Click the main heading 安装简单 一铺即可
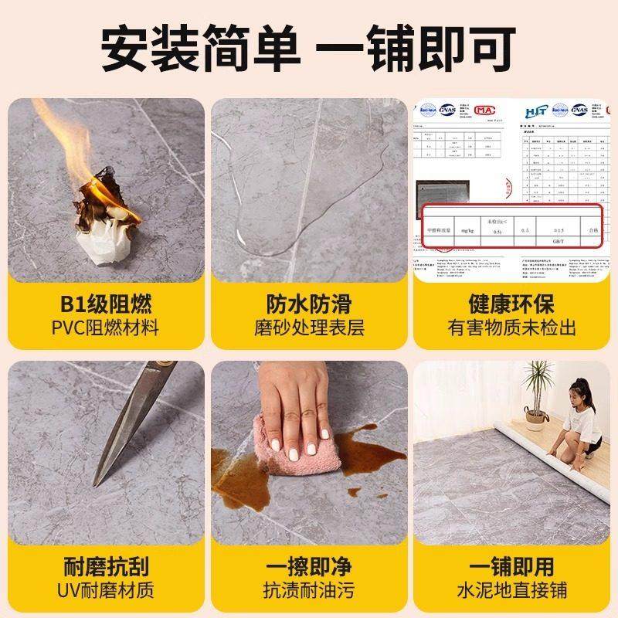coord(309,49)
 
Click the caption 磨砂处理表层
coord(309,328)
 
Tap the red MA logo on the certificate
coord(484,114)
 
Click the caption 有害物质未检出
coord(511,328)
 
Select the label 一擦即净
coord(309,566)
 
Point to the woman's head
coord(582,390)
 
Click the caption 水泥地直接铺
coord(511,591)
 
